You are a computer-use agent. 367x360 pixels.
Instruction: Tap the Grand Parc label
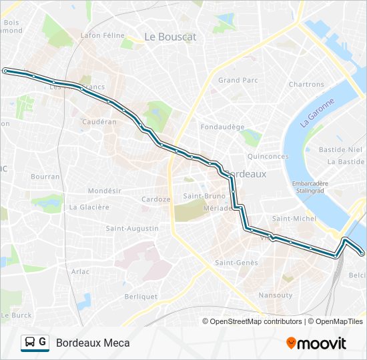238,80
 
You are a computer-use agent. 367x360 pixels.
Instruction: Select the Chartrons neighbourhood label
306,85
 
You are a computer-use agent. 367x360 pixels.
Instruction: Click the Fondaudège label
224,126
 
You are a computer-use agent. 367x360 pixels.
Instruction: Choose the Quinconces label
268,157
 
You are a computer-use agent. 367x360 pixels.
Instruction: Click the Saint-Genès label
236,263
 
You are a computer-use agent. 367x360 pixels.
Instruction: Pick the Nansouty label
276,295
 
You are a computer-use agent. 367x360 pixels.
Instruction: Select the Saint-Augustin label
132,229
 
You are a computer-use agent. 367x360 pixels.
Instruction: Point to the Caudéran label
99,122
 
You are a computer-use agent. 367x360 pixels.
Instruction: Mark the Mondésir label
105,191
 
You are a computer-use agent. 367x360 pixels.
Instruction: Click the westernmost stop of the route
5,70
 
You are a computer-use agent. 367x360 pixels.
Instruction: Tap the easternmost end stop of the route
362,253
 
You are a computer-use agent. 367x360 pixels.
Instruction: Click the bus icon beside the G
30,343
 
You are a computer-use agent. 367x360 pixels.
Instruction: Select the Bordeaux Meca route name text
93,343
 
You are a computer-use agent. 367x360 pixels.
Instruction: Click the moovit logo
316,343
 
